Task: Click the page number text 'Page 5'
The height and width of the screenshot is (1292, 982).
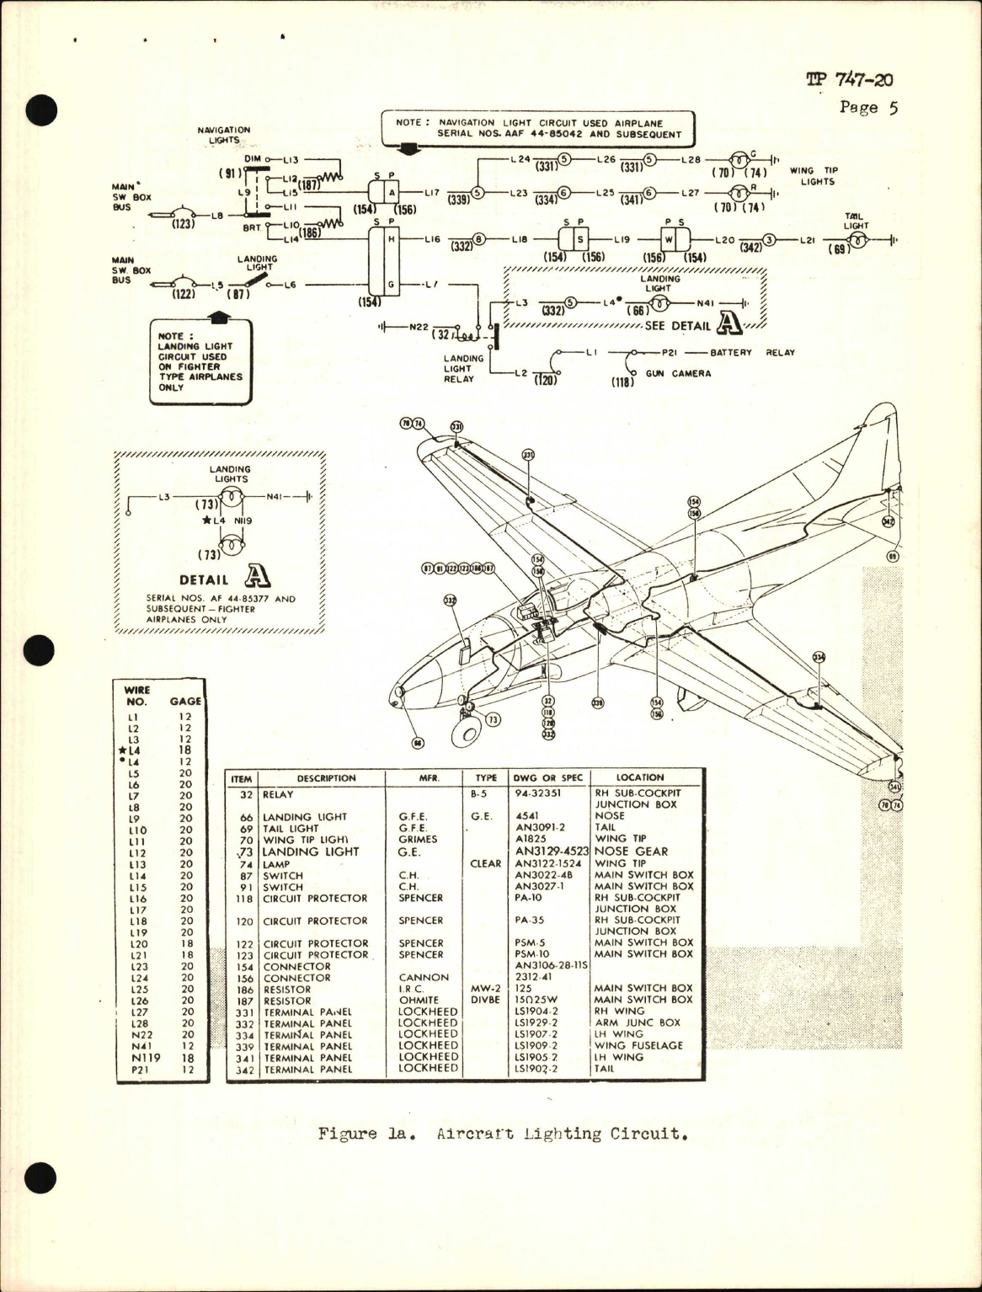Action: pyautogui.click(x=869, y=108)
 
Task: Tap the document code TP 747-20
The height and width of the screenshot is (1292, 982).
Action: pyautogui.click(x=849, y=80)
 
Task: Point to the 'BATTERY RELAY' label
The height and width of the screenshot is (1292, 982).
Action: pyautogui.click(x=752, y=353)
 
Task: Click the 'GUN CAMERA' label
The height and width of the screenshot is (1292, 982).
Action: pyautogui.click(x=678, y=373)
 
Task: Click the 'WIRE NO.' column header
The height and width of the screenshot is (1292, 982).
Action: pyautogui.click(x=137, y=696)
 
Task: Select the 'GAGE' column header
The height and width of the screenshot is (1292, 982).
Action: pyautogui.click(x=185, y=701)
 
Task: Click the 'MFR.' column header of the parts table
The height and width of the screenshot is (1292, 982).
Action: pyautogui.click(x=430, y=778)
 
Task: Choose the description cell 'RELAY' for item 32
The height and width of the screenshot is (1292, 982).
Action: pyautogui.click(x=278, y=793)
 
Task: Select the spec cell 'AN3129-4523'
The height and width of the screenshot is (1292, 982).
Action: pyautogui.click(x=550, y=852)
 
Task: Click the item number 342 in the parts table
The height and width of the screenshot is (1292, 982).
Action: pyautogui.click(x=244, y=1070)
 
